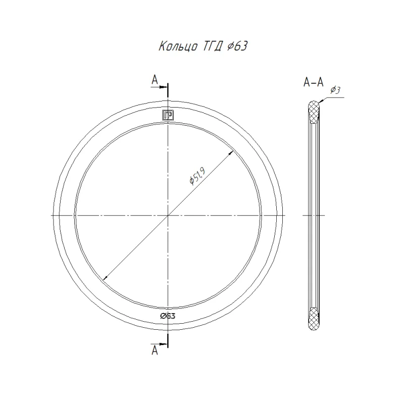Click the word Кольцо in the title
[x=178, y=46]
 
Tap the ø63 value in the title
[x=237, y=46]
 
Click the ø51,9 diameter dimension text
[x=197, y=176]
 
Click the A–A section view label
[x=313, y=82]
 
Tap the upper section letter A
[x=155, y=80]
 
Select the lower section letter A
[x=155, y=350]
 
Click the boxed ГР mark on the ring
[x=168, y=115]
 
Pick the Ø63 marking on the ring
[x=168, y=316]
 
